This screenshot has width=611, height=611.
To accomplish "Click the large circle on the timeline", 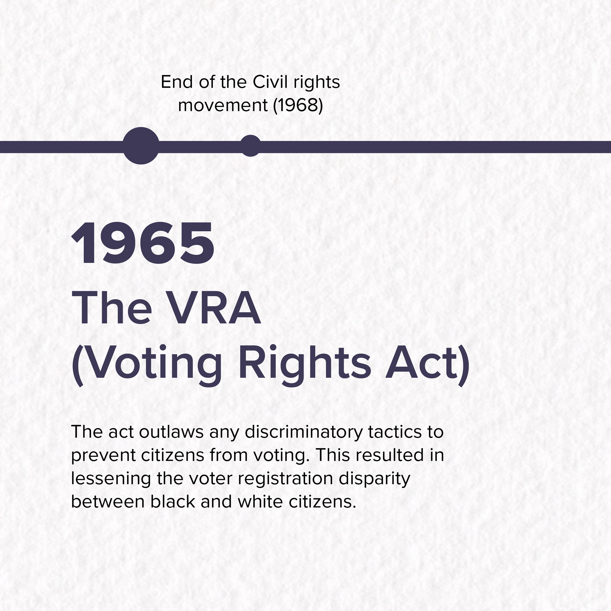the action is click(141, 146).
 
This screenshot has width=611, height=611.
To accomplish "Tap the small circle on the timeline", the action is click(251, 146).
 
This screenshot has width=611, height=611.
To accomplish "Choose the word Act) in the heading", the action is click(427, 365).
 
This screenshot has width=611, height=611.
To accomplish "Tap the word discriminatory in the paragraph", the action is click(304, 433).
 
